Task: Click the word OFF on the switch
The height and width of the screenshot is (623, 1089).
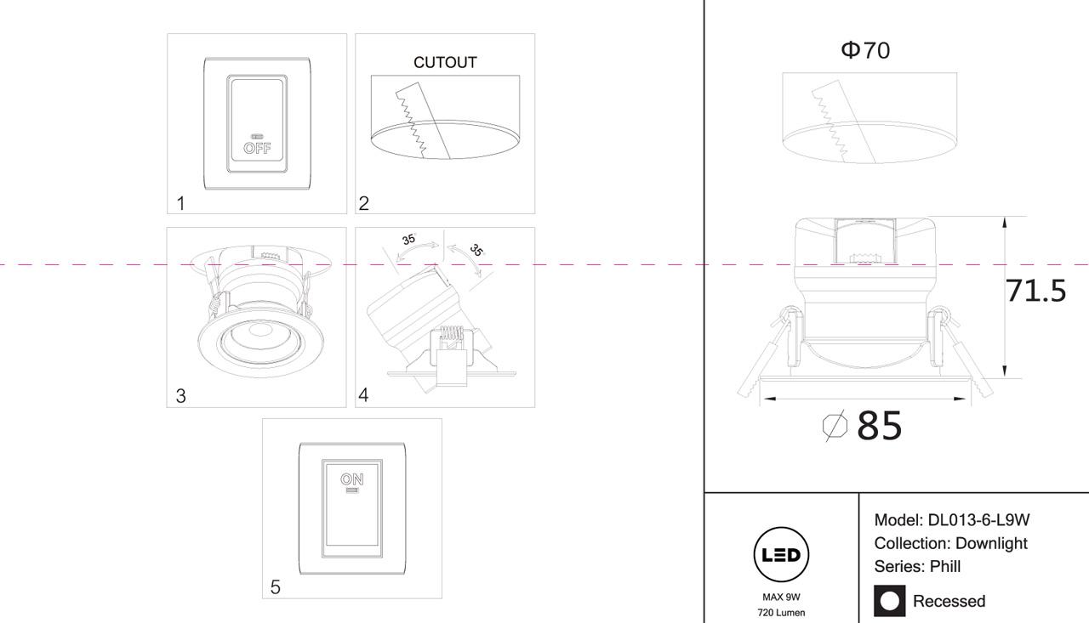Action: click(257, 148)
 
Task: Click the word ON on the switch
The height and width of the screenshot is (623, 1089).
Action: click(351, 479)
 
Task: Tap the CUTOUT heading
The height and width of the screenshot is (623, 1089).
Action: click(445, 62)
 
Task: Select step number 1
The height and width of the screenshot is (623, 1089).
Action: click(181, 203)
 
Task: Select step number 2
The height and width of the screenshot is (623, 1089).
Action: click(364, 203)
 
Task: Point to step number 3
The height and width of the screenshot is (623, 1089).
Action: click(181, 396)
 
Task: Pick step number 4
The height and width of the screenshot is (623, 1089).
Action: click(364, 395)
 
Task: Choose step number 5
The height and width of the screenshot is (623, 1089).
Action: click(275, 587)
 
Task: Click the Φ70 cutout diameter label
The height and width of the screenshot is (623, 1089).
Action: click(865, 51)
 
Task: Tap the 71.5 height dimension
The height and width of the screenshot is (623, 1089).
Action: click(1035, 291)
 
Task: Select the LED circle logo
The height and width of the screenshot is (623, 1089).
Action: click(781, 556)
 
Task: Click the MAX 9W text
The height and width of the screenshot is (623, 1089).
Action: click(781, 597)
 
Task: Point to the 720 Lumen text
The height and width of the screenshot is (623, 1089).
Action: click(781, 612)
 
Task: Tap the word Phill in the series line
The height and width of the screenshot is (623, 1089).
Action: click(944, 566)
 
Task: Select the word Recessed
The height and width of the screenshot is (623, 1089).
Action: click(949, 601)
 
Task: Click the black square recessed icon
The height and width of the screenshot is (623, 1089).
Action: click(890, 601)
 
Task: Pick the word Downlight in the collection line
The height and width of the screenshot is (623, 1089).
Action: click(991, 543)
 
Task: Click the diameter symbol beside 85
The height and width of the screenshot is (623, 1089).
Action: click(835, 425)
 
